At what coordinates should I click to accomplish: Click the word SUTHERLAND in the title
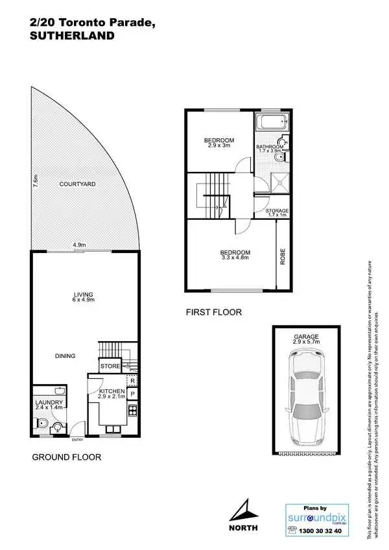pyautogui.click(x=73, y=36)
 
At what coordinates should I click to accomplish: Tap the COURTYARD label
pyautogui.click(x=77, y=185)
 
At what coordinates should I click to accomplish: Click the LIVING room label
pyautogui.click(x=84, y=298)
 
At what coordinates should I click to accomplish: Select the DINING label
pyautogui.click(x=65, y=355)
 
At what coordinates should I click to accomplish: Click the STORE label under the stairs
pyautogui.click(x=110, y=367)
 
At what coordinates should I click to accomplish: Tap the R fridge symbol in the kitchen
pyautogui.click(x=132, y=381)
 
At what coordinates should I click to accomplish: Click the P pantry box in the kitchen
pyautogui.click(x=132, y=394)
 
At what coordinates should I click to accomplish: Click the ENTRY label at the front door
pyautogui.click(x=78, y=440)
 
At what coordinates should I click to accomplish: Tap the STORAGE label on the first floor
pyautogui.click(x=277, y=211)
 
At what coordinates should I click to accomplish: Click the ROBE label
pyautogui.click(x=283, y=256)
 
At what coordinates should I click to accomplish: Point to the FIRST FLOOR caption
pyautogui.click(x=213, y=313)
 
